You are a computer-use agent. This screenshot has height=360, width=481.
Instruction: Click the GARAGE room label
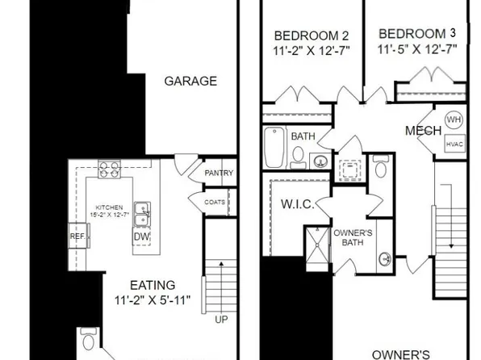190,81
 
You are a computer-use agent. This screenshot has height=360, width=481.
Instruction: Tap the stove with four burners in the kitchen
109,170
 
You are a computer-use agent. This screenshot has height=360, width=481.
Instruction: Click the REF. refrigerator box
77,237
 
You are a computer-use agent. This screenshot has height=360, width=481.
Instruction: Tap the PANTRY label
218,173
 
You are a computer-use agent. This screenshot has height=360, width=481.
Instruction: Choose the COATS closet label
215,203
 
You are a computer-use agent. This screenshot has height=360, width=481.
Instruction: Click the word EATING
153,286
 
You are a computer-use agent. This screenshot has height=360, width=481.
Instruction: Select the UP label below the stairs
220,320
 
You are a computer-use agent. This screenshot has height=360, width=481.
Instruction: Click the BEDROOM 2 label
300,36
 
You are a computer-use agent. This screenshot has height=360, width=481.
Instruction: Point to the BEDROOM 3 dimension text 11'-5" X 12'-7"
417,48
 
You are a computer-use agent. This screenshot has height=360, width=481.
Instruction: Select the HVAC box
454,144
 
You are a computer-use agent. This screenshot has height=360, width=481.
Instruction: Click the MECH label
423,131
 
